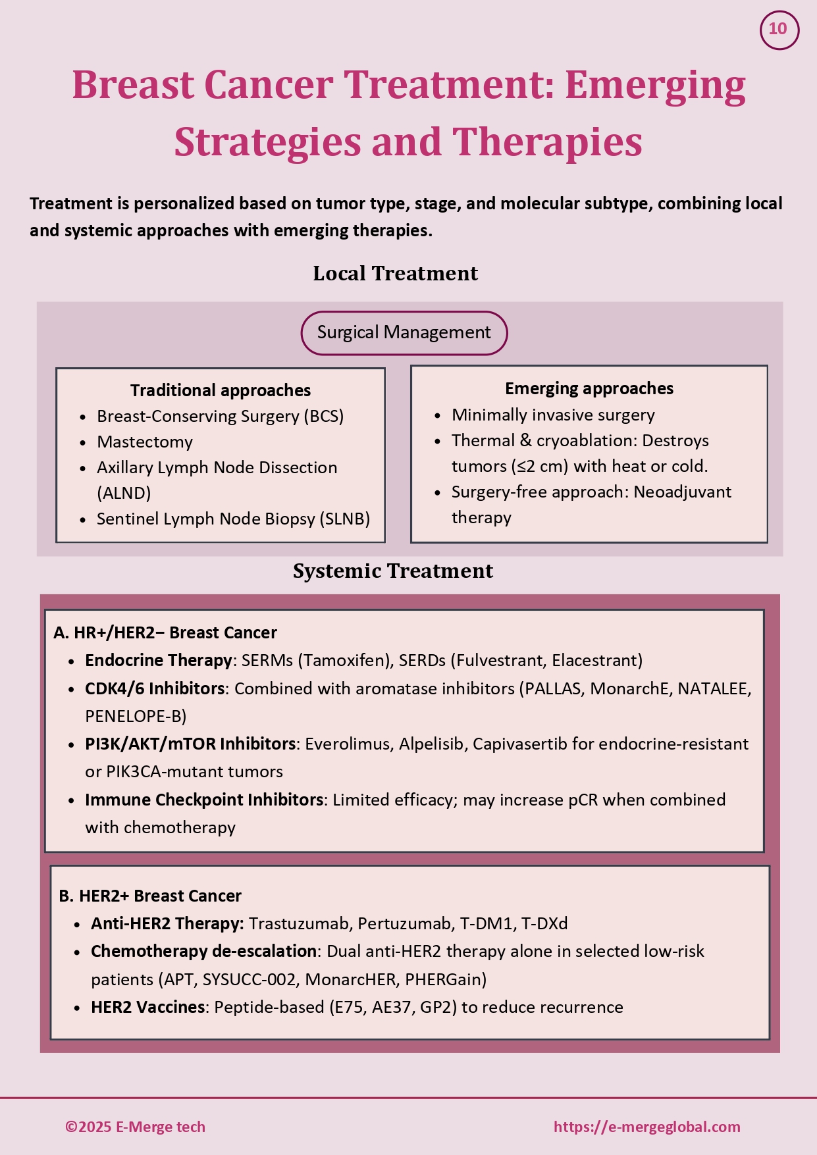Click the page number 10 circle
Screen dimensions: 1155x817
779,30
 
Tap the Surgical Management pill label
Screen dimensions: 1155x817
404,332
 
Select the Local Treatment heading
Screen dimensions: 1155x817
395,273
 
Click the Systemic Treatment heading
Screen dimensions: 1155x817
392,571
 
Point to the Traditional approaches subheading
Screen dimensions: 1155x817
220,390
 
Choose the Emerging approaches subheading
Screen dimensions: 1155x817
589,388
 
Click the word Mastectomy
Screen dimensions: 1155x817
145,442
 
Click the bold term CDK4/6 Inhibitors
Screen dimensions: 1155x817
155,688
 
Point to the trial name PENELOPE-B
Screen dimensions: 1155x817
136,716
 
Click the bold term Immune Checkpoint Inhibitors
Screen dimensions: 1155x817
203,800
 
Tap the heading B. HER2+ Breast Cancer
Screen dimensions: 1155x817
150,896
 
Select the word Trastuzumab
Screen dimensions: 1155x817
298,923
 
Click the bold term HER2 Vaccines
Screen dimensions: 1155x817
147,1007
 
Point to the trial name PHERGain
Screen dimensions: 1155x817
445,979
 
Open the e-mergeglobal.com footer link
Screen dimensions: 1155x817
646,1127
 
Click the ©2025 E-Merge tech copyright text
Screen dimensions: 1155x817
135,1127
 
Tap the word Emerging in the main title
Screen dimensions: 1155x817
654,86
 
